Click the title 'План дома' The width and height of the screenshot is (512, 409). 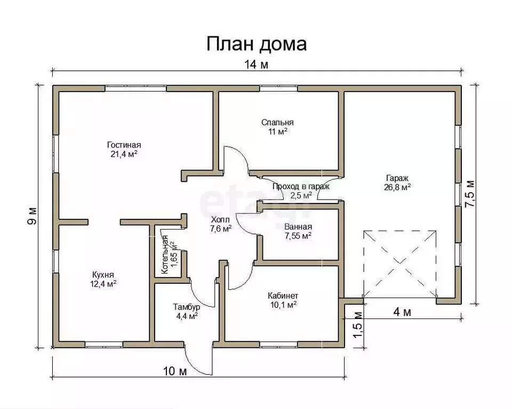pos(257,44)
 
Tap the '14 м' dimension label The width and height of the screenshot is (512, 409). pos(257,65)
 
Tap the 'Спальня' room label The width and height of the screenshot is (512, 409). pos(277,122)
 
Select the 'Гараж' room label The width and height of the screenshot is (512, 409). pos(397,178)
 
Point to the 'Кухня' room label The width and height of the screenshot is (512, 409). pos(103,275)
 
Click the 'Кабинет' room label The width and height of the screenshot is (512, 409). pos(282,296)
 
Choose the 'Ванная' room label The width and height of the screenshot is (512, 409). pos(298,226)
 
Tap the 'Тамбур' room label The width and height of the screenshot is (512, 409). pos(186,307)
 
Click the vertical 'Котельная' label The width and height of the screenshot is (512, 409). pos(166,255)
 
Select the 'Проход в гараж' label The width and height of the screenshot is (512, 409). pos(301,186)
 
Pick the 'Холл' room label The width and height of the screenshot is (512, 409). pos(220,219)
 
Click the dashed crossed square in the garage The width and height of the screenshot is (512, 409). pos(399,264)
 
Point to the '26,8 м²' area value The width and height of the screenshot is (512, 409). pos(397,187)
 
